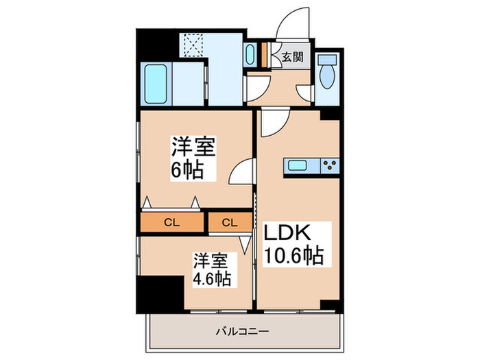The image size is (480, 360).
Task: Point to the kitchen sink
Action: point(298,165)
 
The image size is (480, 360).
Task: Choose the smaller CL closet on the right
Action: point(229,222)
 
